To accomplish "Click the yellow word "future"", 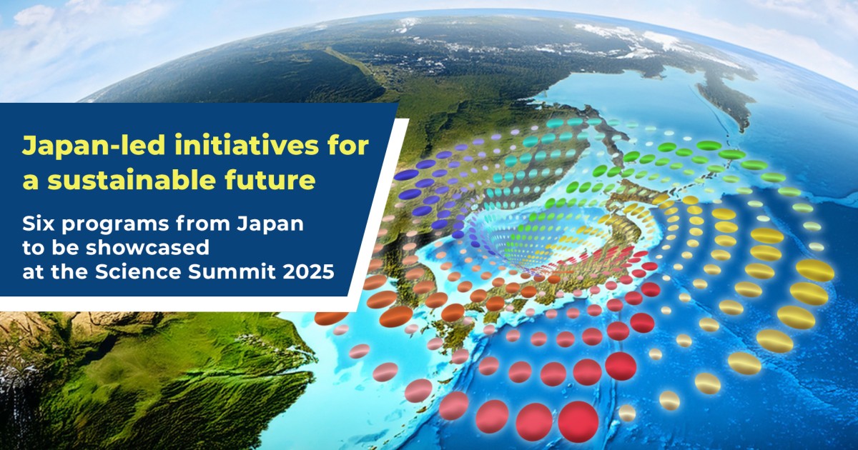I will (272, 180).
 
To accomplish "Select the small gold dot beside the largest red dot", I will (627, 413).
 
